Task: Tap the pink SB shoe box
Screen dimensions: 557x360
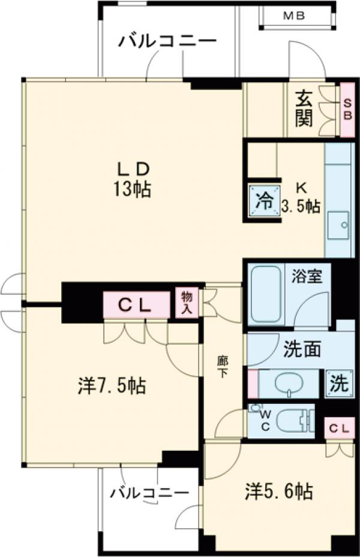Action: pos(347,109)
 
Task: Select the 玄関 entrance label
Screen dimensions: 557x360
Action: pos(304,108)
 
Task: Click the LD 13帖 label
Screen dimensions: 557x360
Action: pos(133,179)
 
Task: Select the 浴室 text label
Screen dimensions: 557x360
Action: pos(308,277)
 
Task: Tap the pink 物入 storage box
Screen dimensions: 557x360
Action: pos(187,302)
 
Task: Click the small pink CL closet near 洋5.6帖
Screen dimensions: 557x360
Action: pos(338,429)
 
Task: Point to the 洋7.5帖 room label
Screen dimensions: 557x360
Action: pos(112,385)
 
